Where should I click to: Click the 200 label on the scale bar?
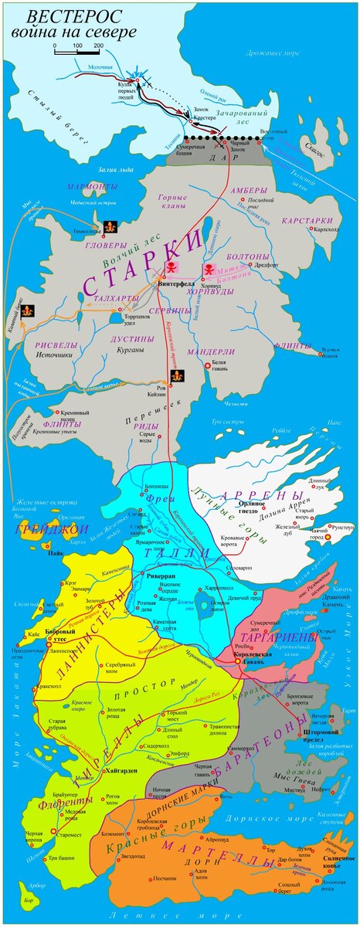pyautogui.click(x=99, y=46)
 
